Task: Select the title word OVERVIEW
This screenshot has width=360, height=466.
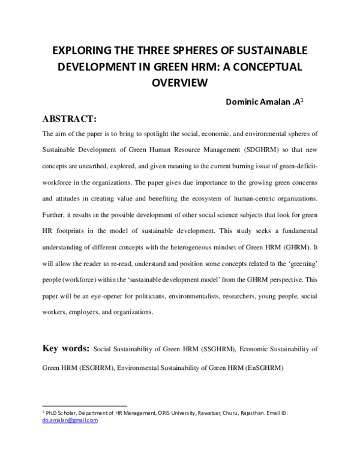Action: click(179, 83)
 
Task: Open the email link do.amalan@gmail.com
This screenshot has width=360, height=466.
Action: click(70, 420)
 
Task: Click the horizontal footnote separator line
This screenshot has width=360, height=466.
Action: click(84, 405)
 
